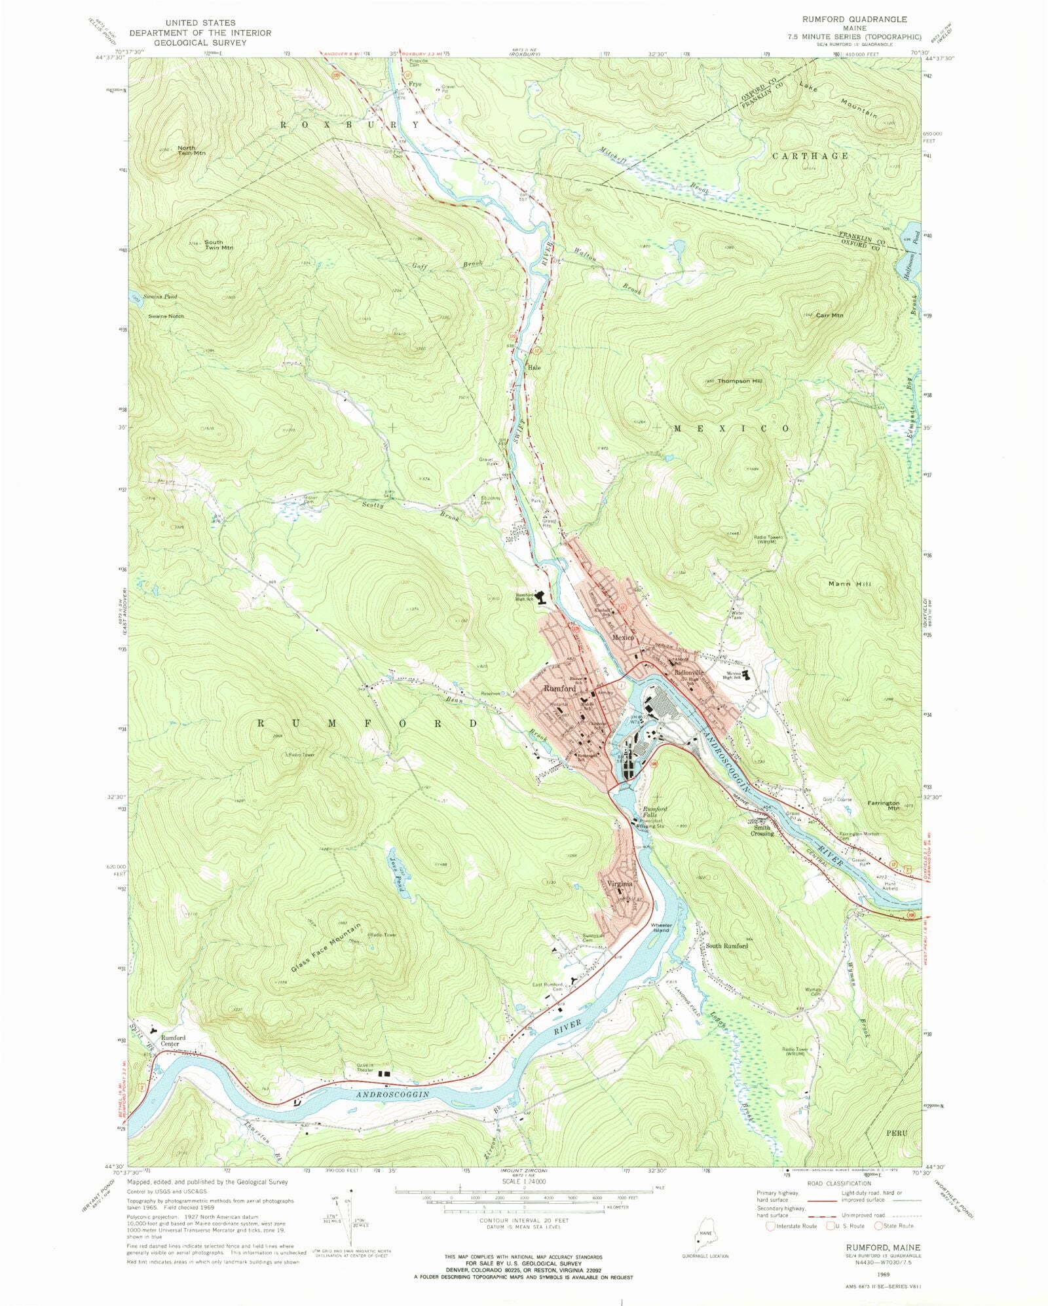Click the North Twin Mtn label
(x=191, y=151)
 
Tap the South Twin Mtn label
(x=218, y=245)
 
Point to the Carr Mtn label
(x=829, y=316)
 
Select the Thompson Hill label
(x=739, y=381)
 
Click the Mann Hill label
(x=850, y=583)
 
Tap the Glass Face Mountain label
(x=326, y=947)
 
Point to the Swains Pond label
(x=162, y=297)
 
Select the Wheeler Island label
(x=660, y=928)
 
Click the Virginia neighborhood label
(x=620, y=884)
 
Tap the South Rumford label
(x=726, y=946)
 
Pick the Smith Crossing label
(x=762, y=830)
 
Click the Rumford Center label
(x=173, y=1041)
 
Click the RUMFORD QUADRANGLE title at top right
(x=855, y=19)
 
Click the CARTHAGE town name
(x=810, y=156)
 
